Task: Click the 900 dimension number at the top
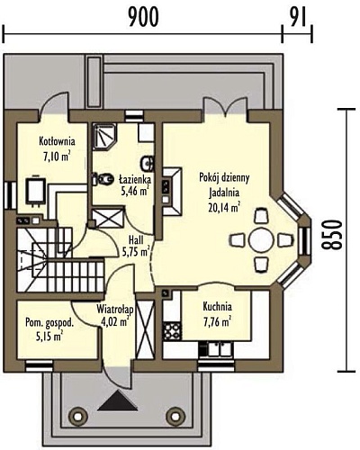[143, 17]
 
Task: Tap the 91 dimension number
[298, 17]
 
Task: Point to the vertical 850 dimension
[331, 235]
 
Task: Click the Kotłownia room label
[57, 141]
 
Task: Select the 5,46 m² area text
[135, 191]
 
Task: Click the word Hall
[136, 240]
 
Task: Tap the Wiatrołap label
[114, 309]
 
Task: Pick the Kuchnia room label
[217, 307]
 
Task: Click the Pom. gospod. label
[49, 323]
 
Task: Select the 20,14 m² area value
[224, 208]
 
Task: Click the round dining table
[261, 240]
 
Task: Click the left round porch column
[77, 416]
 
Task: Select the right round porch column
[175, 416]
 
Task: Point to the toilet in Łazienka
[102, 179]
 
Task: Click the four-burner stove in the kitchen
[172, 331]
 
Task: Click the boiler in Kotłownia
[36, 190]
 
